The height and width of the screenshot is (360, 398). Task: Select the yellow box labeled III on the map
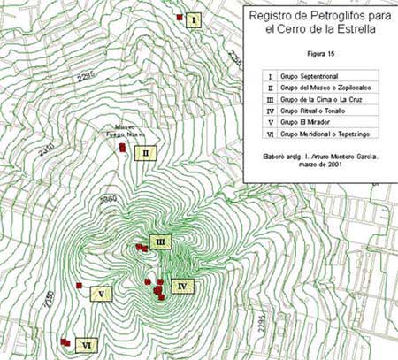click(160, 241)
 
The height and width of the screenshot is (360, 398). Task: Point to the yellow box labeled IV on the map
click(181, 286)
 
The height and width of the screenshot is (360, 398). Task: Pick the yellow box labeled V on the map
click(103, 293)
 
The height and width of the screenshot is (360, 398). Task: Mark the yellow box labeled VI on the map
click(86, 344)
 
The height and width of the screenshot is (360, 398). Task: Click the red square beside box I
click(179, 17)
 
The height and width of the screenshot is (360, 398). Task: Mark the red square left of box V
click(79, 286)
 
